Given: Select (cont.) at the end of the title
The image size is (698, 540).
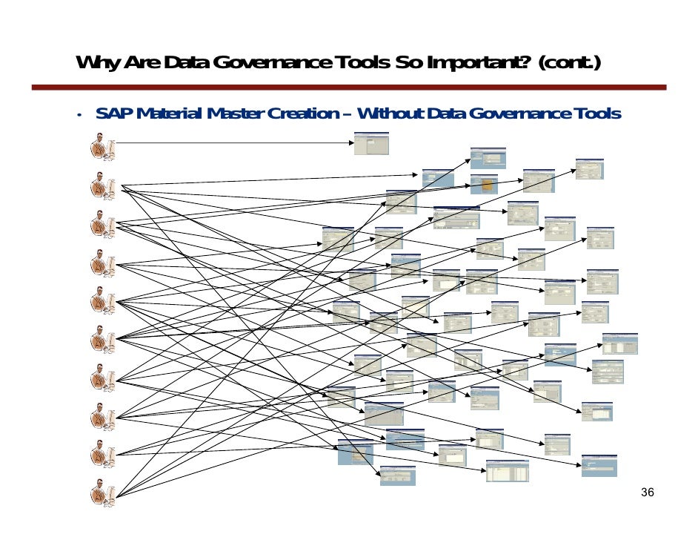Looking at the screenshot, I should click(x=570, y=64).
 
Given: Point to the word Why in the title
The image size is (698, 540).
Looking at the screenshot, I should click(x=96, y=64).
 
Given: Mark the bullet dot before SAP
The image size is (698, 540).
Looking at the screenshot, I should click(x=77, y=115).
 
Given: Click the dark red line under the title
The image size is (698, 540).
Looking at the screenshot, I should click(x=348, y=88).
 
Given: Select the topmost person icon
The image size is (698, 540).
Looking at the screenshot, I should click(x=102, y=145).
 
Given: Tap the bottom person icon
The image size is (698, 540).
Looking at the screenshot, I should click(x=102, y=494).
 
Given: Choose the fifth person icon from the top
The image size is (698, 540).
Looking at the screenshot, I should click(x=102, y=300).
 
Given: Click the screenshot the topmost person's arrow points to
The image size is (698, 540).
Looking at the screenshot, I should click(x=370, y=143).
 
